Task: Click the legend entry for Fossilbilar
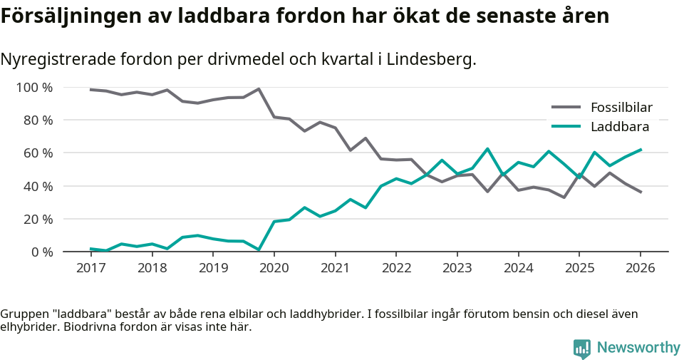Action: click(x=621, y=108)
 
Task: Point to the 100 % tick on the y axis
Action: click(x=34, y=88)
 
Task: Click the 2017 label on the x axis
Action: click(x=91, y=268)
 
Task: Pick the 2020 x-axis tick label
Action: click(x=274, y=268)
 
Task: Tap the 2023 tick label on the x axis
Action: click(x=457, y=268)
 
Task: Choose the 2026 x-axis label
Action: click(x=640, y=268)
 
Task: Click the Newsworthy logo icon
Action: click(x=581, y=348)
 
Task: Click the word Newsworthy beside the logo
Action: click(x=638, y=348)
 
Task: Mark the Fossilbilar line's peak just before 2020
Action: click(x=259, y=89)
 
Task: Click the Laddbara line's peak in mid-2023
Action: click(x=487, y=149)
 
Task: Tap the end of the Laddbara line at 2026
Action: click(x=641, y=150)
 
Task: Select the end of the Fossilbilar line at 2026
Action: click(x=641, y=192)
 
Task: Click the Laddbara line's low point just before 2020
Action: click(x=259, y=250)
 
